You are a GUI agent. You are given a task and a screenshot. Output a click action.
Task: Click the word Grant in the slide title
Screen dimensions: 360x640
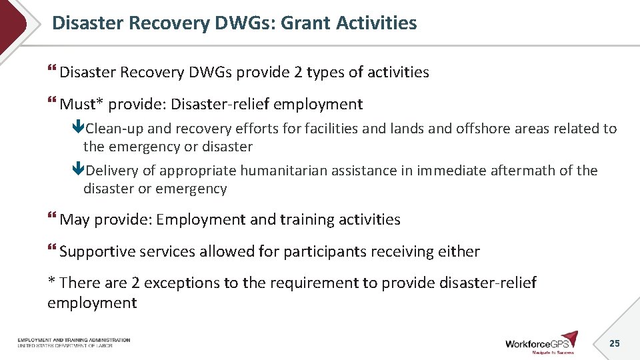[x=306, y=23]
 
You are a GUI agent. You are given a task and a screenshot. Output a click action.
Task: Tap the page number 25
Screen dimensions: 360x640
[x=615, y=343]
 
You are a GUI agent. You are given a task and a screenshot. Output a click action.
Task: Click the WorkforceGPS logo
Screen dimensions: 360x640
[x=541, y=342]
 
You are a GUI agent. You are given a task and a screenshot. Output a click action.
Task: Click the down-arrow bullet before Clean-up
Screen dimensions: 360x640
[x=79, y=129]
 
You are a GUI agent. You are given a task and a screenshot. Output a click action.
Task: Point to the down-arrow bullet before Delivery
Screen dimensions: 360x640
[x=79, y=171]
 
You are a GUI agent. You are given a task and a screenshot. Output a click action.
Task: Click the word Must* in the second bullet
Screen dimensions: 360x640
[x=81, y=105]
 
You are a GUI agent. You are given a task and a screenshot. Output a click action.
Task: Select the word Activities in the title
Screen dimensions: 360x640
[x=377, y=23]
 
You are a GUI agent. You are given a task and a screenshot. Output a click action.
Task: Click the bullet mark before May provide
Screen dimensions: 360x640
[x=53, y=219]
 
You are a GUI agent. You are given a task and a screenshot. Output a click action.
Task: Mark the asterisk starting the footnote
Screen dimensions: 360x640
[x=51, y=281]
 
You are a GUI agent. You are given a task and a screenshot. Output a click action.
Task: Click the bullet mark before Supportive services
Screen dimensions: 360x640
[x=53, y=251]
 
